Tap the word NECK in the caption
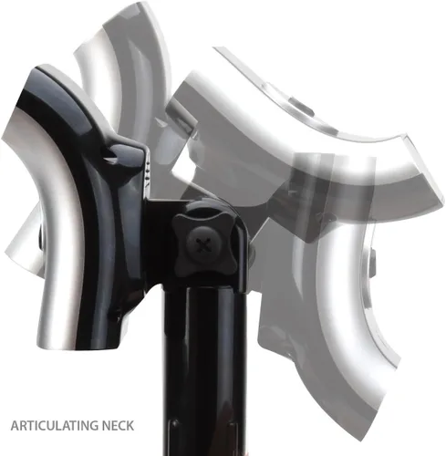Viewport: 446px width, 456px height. point(118,425)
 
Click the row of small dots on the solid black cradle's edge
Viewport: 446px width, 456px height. point(147,171)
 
